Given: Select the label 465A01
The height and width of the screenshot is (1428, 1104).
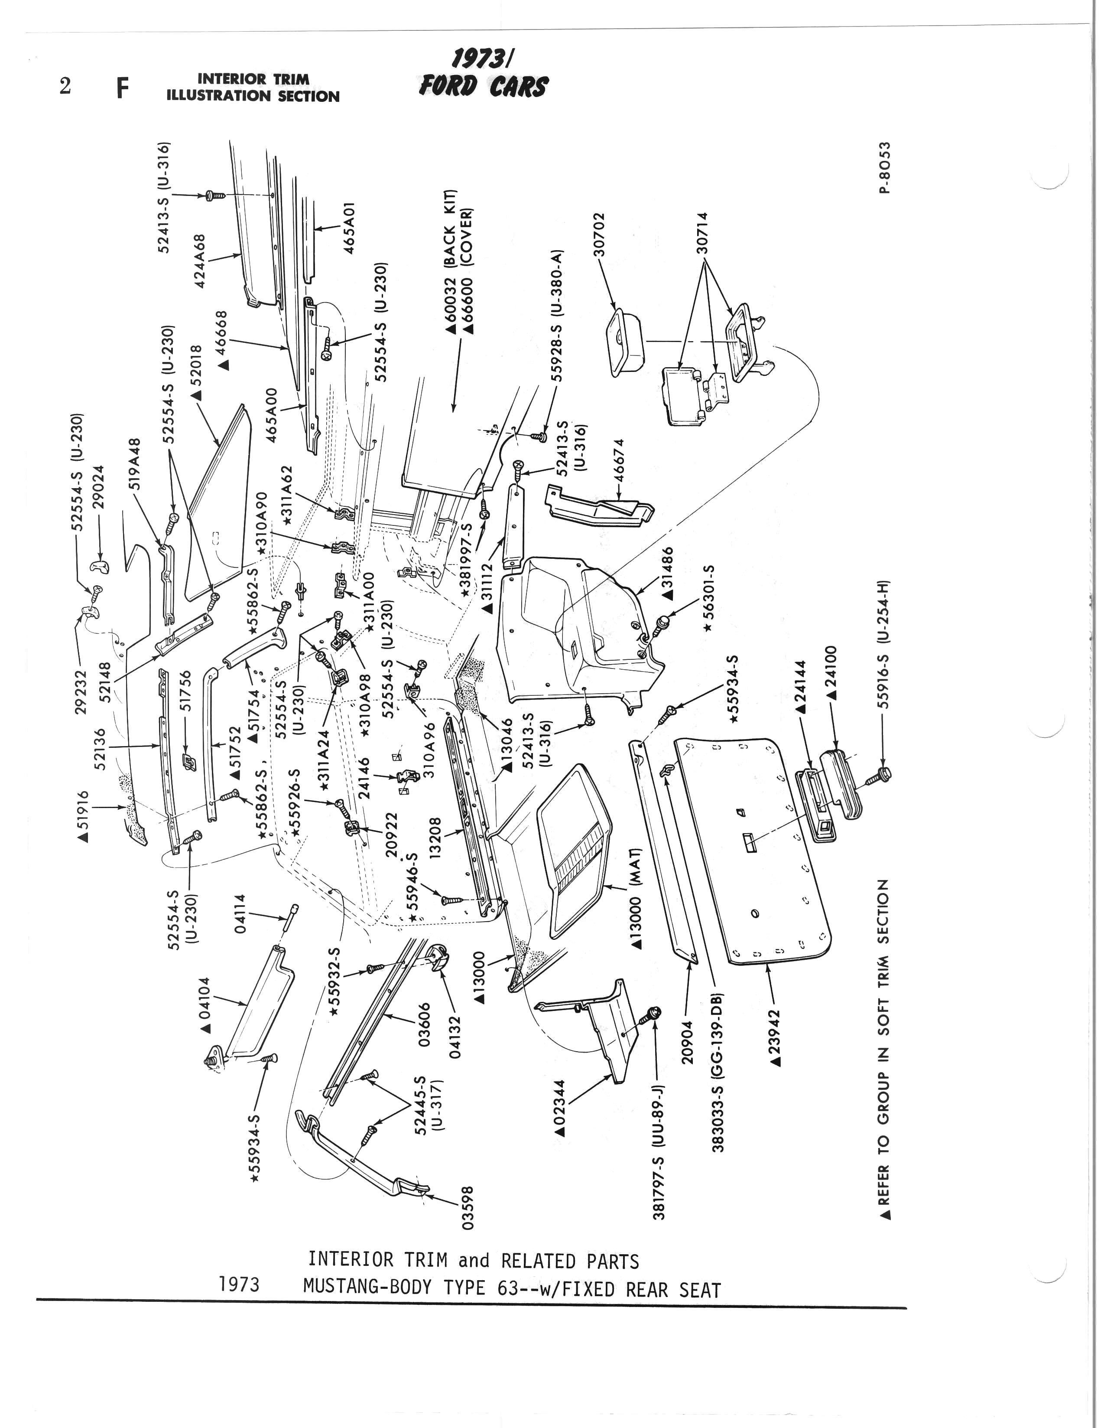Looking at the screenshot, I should pyautogui.click(x=350, y=228).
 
